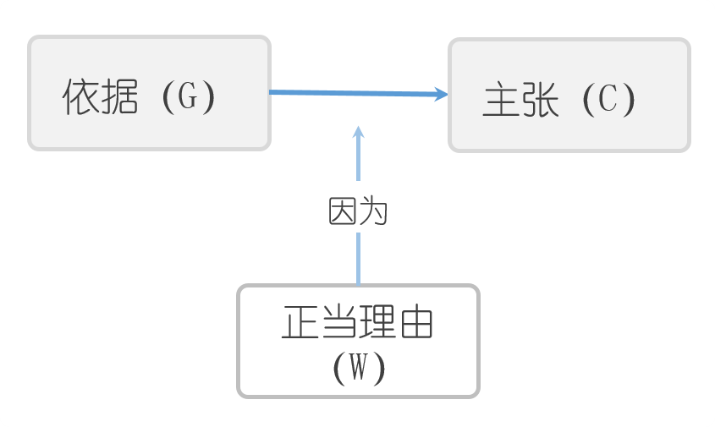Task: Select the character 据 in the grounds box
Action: (120, 99)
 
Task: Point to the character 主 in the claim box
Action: (501, 101)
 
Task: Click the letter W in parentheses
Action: (359, 367)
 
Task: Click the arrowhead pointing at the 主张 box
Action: (441, 95)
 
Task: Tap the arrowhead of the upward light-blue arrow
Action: (359, 132)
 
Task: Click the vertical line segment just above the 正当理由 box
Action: (359, 258)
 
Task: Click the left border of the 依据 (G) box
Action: (30, 93)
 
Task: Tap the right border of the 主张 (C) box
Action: (689, 95)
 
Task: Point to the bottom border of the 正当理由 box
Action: (359, 395)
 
